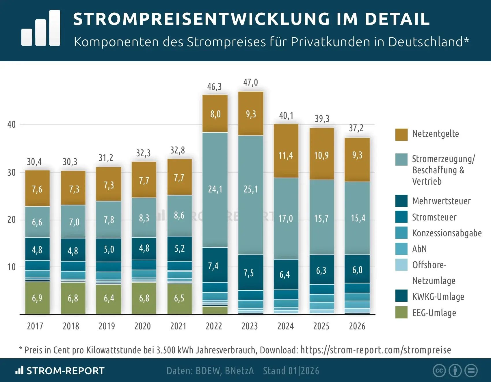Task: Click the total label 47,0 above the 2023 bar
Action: pos(250,83)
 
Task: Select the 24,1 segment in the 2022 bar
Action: pos(215,189)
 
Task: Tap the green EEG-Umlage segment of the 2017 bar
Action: pos(37,298)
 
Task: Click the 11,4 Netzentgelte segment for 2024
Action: pos(286,155)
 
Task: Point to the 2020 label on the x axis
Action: pos(142,326)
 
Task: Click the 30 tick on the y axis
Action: pos(11,173)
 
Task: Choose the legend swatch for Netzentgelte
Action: pos(401,135)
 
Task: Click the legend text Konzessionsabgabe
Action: pos(447,233)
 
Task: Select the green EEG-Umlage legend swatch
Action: pos(401,313)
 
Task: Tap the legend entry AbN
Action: pos(419,249)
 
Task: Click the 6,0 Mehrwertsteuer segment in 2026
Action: pos(357,270)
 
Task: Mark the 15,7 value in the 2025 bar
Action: pos(321,218)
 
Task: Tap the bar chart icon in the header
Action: pos(41,28)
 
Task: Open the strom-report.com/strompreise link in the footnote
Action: pos(375,350)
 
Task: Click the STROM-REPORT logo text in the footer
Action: pos(65,371)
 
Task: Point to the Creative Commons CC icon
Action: pos(439,371)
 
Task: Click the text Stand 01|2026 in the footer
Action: pos(291,371)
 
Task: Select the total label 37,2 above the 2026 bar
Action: pos(356,128)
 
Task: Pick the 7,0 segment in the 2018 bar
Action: pos(74,222)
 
